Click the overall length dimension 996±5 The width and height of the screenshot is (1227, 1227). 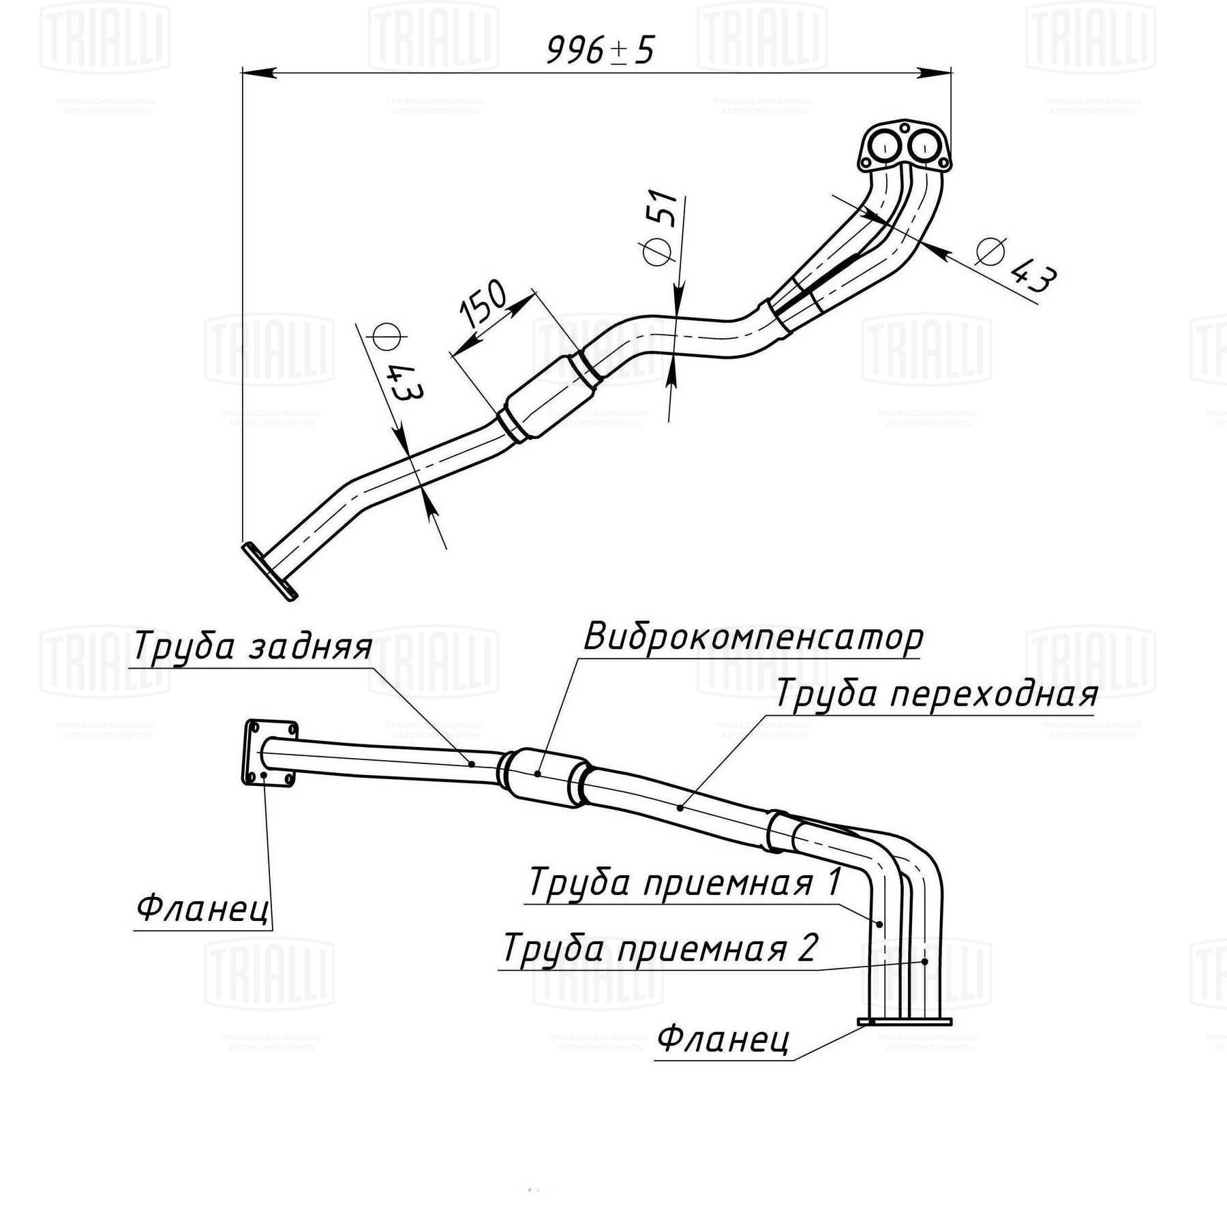point(600,50)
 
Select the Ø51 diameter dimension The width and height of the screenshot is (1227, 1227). point(660,227)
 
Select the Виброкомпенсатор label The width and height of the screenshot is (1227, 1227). point(753,638)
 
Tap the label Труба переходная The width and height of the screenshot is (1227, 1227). point(936,695)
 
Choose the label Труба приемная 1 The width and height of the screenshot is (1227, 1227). point(684,883)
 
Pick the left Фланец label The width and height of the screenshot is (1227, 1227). point(203,908)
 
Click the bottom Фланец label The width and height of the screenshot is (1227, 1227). point(723,1039)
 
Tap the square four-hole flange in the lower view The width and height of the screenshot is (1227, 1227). point(270,753)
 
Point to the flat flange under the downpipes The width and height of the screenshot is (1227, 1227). point(905,1021)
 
